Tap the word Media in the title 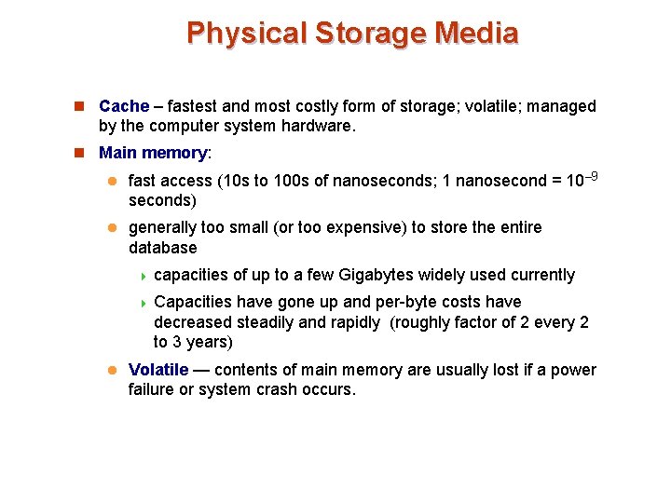(478, 33)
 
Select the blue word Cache (124, 106)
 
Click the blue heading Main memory (153, 152)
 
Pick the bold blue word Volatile (158, 370)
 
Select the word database (163, 248)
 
